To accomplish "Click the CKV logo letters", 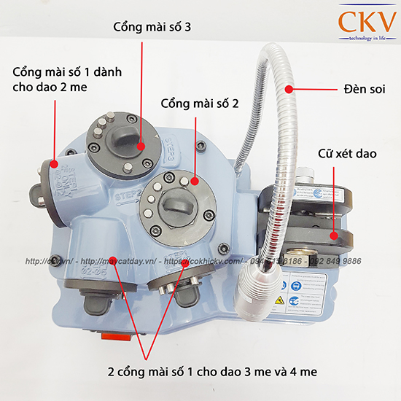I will click(362, 21).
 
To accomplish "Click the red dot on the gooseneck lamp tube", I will click(289, 90).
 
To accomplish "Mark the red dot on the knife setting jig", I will click(334, 235).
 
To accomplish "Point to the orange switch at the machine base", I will click(112, 337).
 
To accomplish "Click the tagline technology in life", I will click(362, 37).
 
